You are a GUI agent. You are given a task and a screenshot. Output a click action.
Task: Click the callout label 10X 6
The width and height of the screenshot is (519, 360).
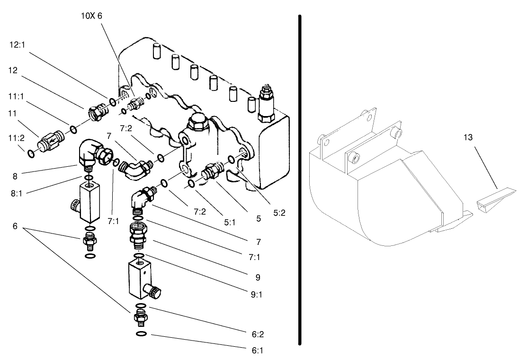[x=91, y=16]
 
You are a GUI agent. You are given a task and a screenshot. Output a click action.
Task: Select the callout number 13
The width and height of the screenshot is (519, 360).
[x=468, y=138]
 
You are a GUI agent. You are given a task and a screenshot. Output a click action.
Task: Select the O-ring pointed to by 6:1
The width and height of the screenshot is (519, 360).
[x=141, y=335]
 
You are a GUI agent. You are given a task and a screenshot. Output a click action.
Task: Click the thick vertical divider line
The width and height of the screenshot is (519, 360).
[x=300, y=180]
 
